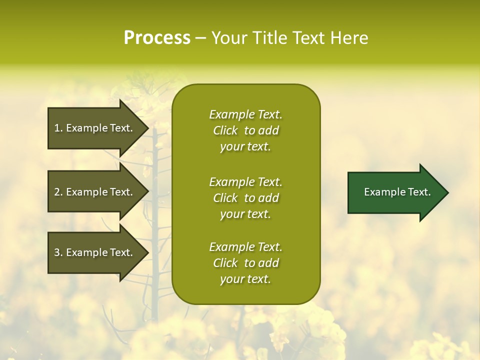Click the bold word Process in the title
(157, 38)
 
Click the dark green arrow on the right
(395, 192)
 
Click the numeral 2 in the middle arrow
(57, 192)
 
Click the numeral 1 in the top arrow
(57, 128)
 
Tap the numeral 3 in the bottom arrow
(57, 252)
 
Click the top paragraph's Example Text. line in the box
(245, 114)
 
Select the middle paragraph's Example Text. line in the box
(245, 182)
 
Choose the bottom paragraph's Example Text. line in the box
(245, 247)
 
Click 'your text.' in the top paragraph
(245, 147)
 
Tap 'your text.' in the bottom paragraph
(245, 279)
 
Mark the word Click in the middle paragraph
(225, 198)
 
